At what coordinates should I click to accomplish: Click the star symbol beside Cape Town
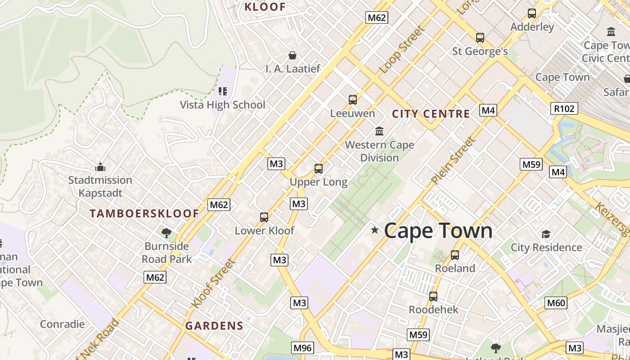point(374,230)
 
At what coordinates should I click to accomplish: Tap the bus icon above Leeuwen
point(353,99)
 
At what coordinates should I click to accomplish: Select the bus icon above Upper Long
point(319,169)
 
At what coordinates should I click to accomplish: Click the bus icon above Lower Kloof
point(264,217)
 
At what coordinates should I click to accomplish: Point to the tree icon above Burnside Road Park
point(166,233)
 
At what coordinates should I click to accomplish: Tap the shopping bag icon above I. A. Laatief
point(292,55)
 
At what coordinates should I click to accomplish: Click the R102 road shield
point(564,108)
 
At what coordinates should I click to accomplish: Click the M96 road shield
point(302,347)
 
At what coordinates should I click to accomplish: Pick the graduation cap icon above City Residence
point(546,234)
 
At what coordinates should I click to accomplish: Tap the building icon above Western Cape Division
point(379,131)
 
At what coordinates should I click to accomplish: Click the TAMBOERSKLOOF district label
point(144,213)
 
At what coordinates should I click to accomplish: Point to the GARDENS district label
point(214,326)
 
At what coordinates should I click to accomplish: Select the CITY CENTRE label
point(431,114)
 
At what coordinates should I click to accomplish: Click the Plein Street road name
point(453,161)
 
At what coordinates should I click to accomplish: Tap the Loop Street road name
point(402,50)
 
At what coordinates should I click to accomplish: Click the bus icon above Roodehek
point(433,297)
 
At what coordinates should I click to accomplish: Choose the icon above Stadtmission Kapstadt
point(100,167)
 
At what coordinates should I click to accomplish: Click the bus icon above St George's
point(480,38)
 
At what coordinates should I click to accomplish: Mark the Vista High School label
point(222,105)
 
